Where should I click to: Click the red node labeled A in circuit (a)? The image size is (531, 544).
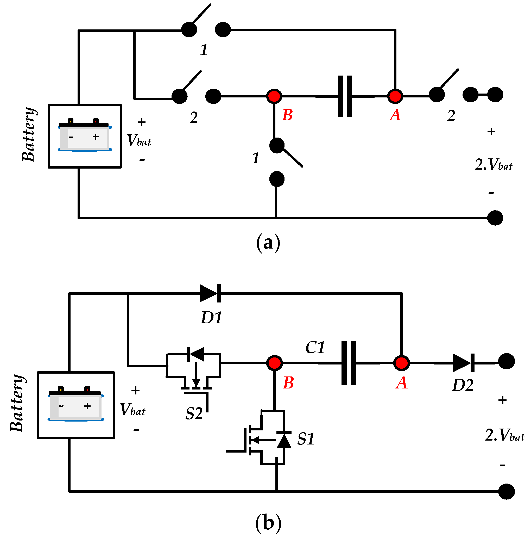(395, 96)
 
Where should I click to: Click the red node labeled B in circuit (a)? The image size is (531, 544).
(274, 96)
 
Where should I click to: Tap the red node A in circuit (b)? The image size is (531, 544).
(401, 363)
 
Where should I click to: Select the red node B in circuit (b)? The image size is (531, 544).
(274, 363)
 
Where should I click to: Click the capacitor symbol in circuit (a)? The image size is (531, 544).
(345, 96)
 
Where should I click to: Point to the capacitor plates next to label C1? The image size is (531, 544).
(349, 363)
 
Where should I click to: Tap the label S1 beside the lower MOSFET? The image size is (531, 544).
(306, 439)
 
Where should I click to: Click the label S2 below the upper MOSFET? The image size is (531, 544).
(194, 414)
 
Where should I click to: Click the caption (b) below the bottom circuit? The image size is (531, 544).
(268, 523)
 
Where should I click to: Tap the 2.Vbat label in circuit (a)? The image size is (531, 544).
(493, 165)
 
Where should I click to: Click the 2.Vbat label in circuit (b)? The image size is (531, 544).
(504, 435)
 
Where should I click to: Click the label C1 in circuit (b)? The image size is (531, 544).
(315, 348)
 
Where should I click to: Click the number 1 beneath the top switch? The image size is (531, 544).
(204, 50)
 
